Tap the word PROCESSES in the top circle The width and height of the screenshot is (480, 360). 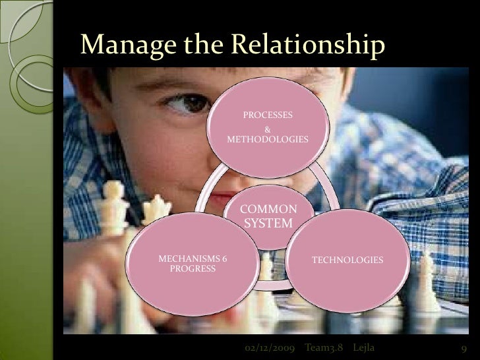pyautogui.click(x=268, y=115)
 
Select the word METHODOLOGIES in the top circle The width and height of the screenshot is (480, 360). pyautogui.click(x=267, y=140)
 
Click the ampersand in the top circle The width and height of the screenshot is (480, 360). pyautogui.click(x=267, y=128)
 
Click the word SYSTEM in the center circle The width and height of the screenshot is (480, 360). pyautogui.click(x=268, y=224)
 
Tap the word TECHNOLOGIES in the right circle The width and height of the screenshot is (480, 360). pyautogui.click(x=347, y=261)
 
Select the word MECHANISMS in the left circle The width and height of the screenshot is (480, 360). pyautogui.click(x=187, y=258)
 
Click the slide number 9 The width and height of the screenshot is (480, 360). pyautogui.click(x=464, y=348)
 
